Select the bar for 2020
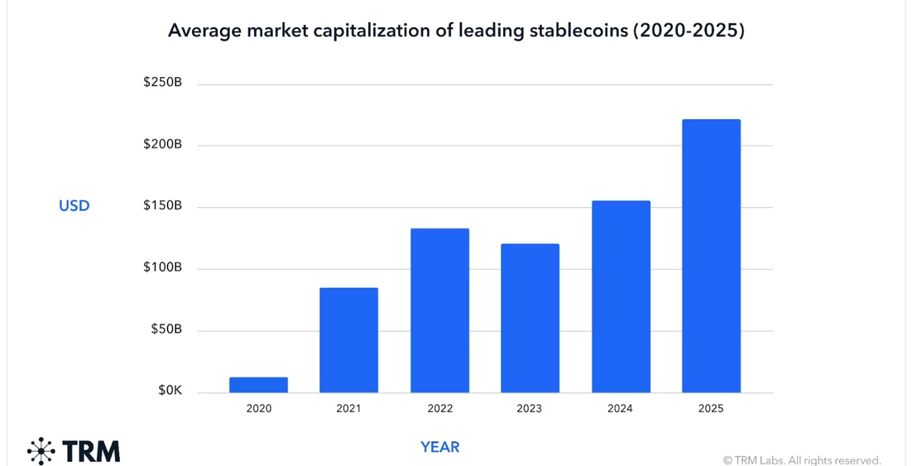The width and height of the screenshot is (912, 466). [x=258, y=385]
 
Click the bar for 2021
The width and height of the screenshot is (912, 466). [x=349, y=340]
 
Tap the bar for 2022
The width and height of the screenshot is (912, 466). [x=439, y=311]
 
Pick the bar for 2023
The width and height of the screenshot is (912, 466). [x=530, y=318]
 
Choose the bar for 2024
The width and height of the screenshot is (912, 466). [x=620, y=297]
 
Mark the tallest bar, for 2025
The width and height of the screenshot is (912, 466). [x=711, y=256]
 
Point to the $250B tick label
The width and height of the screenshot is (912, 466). [x=162, y=83]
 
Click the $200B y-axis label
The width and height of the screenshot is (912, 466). [x=162, y=144]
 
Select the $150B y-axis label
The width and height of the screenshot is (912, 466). [x=162, y=206]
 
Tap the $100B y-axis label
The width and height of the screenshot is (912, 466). [x=162, y=267]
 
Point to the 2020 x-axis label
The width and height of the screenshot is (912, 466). [x=259, y=408]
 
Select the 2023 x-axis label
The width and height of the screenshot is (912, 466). [x=530, y=408]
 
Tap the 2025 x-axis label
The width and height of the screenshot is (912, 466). [x=711, y=408]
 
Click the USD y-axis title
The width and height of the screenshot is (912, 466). [x=74, y=206]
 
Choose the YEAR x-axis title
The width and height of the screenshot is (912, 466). [x=440, y=447]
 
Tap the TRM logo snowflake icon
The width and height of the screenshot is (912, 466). [x=41, y=450]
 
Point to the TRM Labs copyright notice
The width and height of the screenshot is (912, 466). [x=802, y=460]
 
